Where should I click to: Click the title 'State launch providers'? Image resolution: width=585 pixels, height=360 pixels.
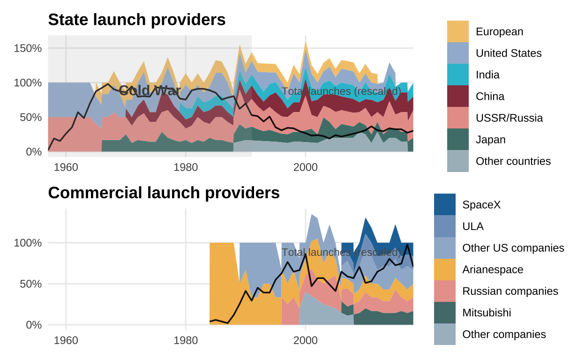coord(137,20)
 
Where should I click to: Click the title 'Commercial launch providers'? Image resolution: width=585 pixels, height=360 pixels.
coord(164,193)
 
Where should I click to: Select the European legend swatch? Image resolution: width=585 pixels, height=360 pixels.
coord(457,31)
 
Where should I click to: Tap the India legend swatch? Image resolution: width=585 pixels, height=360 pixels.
coord(457,75)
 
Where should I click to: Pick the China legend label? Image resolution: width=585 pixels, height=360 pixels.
coord(490,97)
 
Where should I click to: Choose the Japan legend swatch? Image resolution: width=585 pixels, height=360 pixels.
coord(457,140)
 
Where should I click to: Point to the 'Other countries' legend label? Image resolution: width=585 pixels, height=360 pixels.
coord(513,161)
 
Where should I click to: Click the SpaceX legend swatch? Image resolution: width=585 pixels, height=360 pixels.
coord(445,205)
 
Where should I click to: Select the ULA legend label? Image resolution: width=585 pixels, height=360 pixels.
coord(472,226)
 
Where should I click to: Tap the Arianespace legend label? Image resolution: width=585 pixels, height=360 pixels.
coord(493,270)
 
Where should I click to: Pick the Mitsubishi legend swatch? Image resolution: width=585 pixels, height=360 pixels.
coord(445,313)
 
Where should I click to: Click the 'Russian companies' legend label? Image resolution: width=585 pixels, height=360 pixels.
coord(510,291)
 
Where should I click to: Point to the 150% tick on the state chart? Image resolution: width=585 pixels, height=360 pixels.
coord(30,48)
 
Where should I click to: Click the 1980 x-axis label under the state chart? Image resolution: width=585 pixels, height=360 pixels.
coord(186,167)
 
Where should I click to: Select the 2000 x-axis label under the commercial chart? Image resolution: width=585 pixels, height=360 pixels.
coord(306,340)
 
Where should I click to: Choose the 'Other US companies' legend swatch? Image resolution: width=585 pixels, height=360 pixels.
coord(445,248)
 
